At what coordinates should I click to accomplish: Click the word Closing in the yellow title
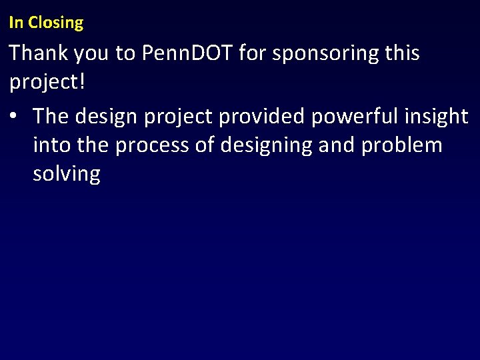pyautogui.click(x=56, y=23)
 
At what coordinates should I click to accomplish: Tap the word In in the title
pyautogui.click(x=16, y=23)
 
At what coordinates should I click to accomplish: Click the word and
pyautogui.click(x=337, y=145)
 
